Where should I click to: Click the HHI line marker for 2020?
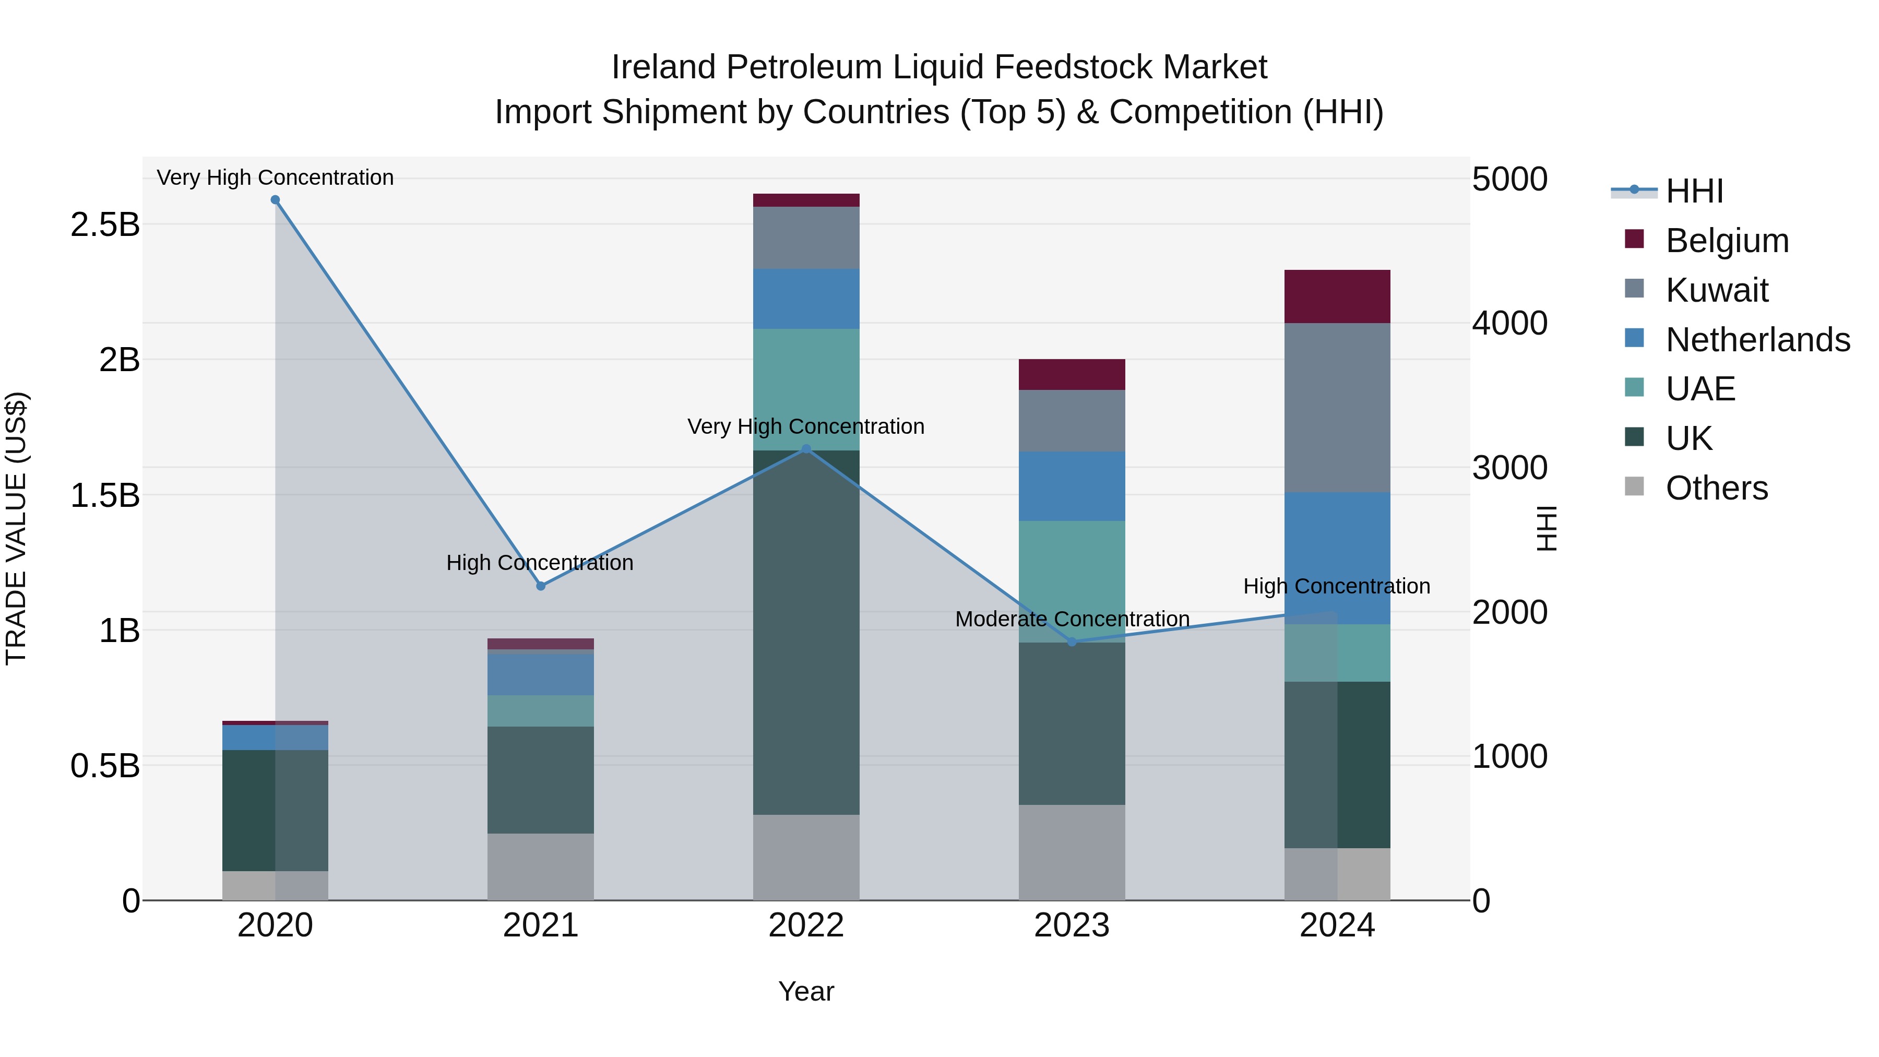(x=275, y=200)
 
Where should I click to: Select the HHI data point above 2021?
(x=541, y=586)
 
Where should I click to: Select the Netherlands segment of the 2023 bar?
(x=1072, y=486)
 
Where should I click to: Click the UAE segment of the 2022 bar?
(x=806, y=389)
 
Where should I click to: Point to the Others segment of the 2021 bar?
(x=541, y=866)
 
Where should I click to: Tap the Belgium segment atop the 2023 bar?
(x=1072, y=374)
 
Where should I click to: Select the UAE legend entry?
(x=1699, y=389)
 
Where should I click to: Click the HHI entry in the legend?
(x=1694, y=191)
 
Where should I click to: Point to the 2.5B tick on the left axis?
(x=105, y=224)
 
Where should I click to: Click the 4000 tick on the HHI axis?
(x=1509, y=323)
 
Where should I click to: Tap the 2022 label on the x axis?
(x=806, y=925)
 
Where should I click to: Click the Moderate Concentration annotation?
(x=1072, y=619)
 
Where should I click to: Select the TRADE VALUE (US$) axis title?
(x=16, y=528)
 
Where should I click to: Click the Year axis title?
(x=806, y=991)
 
